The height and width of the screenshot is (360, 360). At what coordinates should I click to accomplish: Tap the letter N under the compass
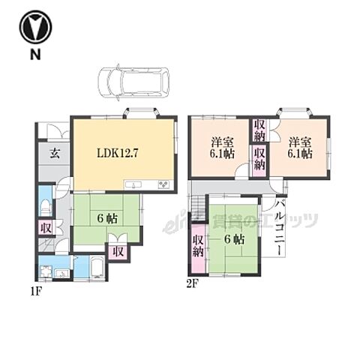click(35, 54)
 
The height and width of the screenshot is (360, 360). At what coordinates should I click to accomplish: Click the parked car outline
click(133, 82)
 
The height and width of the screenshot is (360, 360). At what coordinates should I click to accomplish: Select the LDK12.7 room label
click(117, 153)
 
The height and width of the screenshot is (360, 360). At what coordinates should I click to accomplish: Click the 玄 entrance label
click(55, 153)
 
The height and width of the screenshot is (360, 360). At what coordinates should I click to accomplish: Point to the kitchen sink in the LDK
click(133, 184)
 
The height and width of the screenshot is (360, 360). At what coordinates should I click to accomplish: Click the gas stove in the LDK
click(163, 184)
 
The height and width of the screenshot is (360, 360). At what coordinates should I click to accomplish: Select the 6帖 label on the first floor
click(107, 219)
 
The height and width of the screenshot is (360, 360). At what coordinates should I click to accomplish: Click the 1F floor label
click(37, 292)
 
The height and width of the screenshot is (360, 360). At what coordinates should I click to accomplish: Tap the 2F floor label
click(193, 284)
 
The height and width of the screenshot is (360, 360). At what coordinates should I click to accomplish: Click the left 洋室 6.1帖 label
click(222, 148)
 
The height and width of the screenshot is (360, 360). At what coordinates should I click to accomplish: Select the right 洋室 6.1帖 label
click(300, 148)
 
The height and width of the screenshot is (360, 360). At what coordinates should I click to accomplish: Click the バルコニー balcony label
click(280, 227)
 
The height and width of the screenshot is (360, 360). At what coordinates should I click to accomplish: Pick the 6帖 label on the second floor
click(234, 240)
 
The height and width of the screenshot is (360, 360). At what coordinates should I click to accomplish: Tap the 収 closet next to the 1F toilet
click(46, 227)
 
